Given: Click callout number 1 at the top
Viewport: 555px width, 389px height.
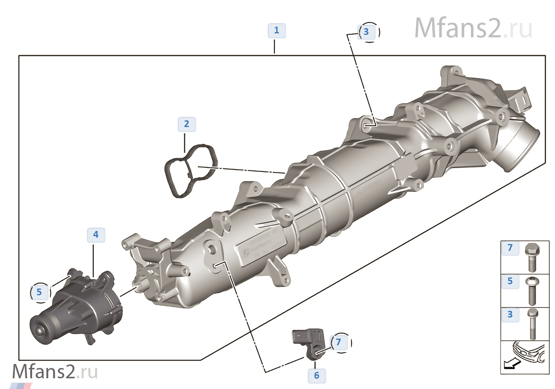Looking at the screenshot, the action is point(277,31).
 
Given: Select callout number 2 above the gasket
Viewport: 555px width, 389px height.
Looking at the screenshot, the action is point(187,124).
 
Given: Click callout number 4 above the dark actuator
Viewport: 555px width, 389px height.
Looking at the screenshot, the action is point(96,235).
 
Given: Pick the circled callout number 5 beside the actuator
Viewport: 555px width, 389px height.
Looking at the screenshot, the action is point(39,293).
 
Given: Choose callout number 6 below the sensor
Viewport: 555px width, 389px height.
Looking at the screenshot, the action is point(317,376).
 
